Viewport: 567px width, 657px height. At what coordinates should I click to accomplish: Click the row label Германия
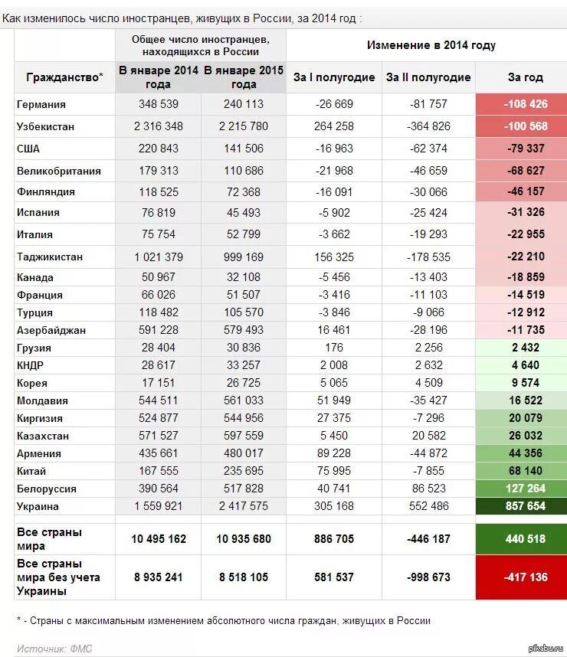(x=41, y=104)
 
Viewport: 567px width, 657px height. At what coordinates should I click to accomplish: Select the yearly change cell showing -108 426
(x=525, y=104)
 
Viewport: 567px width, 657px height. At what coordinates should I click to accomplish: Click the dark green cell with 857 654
(x=525, y=506)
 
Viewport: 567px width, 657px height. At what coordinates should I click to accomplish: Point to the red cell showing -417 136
(x=525, y=577)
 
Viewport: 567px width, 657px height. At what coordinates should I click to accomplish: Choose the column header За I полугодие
(x=334, y=77)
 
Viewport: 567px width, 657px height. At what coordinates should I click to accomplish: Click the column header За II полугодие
(x=428, y=77)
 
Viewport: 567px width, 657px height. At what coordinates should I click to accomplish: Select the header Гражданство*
(x=64, y=77)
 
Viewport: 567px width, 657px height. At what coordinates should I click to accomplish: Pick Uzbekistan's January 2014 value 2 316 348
(x=159, y=126)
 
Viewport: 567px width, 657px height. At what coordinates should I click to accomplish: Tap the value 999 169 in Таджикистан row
(x=244, y=257)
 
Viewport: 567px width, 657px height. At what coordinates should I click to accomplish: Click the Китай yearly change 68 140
(x=525, y=471)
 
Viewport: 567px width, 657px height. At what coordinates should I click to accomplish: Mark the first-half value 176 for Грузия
(x=334, y=348)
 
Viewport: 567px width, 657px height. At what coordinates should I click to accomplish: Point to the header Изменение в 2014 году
(x=431, y=45)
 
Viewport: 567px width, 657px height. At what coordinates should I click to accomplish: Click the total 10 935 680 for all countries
(x=244, y=539)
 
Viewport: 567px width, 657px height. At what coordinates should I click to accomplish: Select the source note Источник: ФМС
(x=54, y=649)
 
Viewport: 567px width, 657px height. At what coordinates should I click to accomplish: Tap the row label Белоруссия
(x=46, y=489)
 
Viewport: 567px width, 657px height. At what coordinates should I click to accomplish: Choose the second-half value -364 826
(x=428, y=126)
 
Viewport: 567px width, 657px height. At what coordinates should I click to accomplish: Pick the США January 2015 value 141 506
(x=244, y=149)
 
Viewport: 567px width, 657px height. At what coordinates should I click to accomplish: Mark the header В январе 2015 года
(x=244, y=77)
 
